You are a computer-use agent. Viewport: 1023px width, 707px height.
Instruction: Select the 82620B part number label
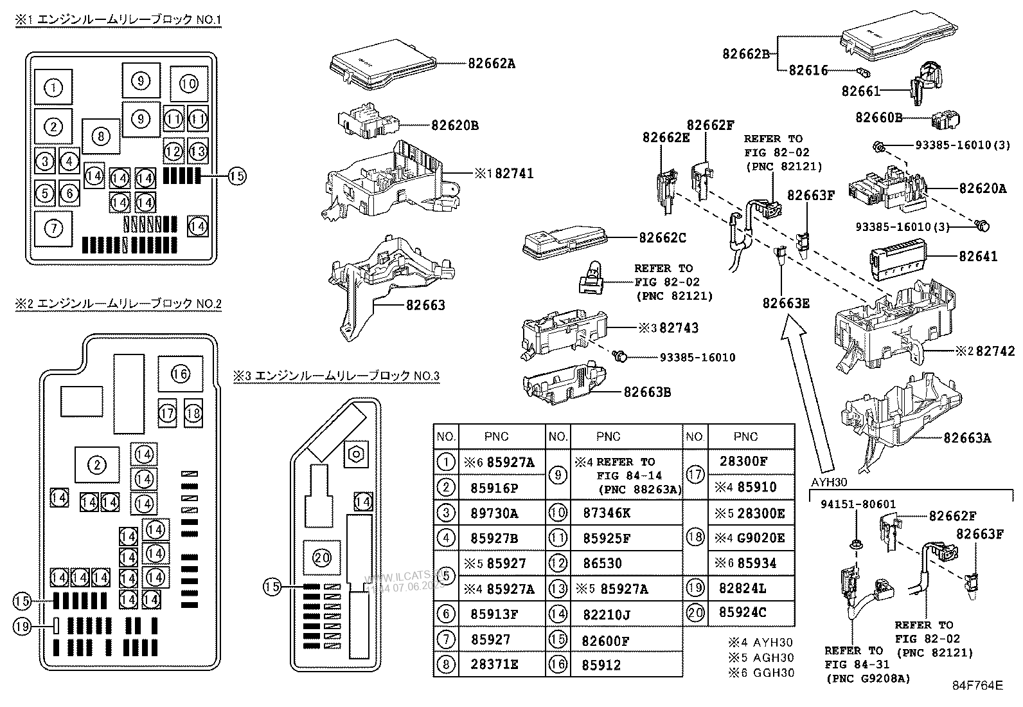pyautogui.click(x=454, y=125)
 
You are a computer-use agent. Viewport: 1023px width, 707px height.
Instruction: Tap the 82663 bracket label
pyautogui.click(x=425, y=305)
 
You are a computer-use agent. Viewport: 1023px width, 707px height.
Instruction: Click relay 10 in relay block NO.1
pyautogui.click(x=189, y=84)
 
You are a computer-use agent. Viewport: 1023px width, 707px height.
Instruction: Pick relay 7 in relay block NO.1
pyautogui.click(x=54, y=228)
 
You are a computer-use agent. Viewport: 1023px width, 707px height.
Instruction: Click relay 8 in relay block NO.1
pyautogui.click(x=101, y=136)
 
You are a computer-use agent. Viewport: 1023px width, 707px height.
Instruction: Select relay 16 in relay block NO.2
pyautogui.click(x=181, y=374)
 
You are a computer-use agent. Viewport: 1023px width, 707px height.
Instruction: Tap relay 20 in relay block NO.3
pyautogui.click(x=322, y=558)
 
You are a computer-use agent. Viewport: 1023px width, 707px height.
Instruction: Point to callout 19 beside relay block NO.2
pyautogui.click(x=22, y=625)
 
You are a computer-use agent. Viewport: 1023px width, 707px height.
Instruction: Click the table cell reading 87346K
pyautogui.click(x=607, y=513)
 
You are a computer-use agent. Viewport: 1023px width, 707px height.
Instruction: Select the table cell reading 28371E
pyautogui.click(x=494, y=665)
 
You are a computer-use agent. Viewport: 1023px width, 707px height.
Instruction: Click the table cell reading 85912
pyautogui.click(x=601, y=665)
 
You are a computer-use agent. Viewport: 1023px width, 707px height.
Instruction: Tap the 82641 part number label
pyautogui.click(x=978, y=257)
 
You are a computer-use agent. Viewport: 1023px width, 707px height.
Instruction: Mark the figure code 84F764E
pyautogui.click(x=977, y=685)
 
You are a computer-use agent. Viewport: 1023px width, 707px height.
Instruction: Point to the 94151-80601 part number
pyautogui.click(x=858, y=505)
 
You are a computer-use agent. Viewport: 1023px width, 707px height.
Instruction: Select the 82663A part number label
pyautogui.click(x=967, y=439)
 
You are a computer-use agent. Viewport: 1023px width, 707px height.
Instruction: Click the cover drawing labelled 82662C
pyautogui.click(x=565, y=244)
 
